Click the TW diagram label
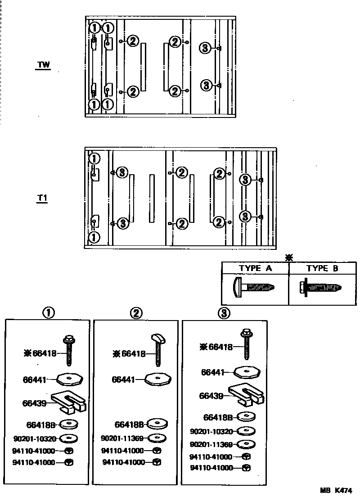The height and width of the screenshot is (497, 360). [43, 65]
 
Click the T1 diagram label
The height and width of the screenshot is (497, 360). [43, 199]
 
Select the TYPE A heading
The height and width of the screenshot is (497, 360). [255, 268]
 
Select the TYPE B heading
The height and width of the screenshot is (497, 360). [322, 268]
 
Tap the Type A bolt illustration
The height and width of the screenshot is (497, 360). [254, 286]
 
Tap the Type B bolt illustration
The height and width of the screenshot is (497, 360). [320, 287]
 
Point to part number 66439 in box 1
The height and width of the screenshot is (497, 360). [35, 403]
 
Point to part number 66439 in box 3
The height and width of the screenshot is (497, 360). [211, 396]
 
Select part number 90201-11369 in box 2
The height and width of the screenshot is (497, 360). [122, 438]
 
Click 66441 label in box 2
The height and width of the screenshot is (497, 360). [123, 380]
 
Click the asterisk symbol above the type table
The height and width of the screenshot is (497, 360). [289, 258]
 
